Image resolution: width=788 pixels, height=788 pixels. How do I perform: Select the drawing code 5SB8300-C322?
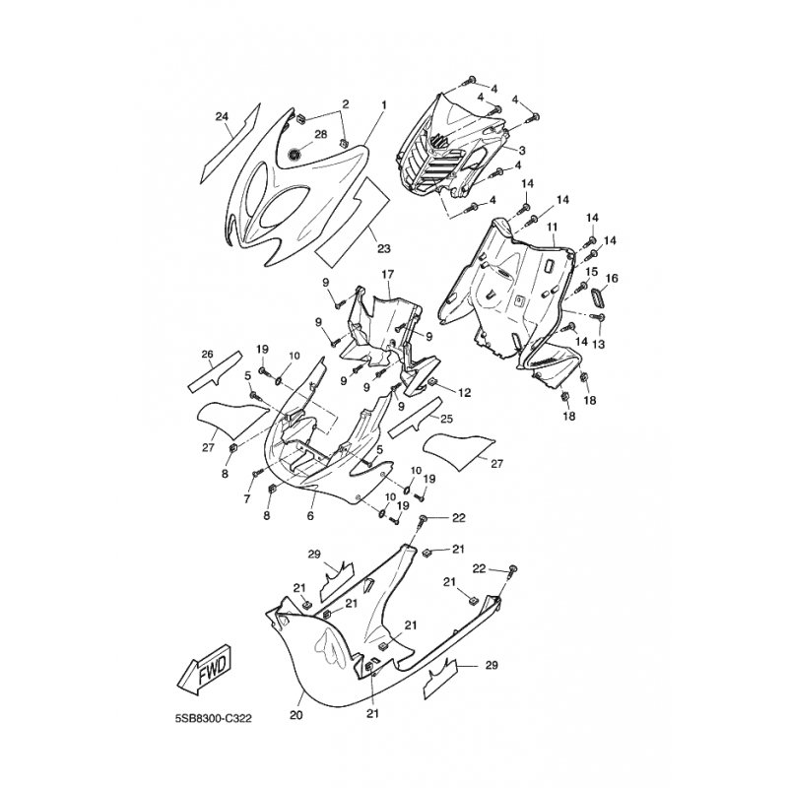(x=213, y=719)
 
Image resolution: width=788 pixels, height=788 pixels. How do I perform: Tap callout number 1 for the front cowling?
(x=384, y=105)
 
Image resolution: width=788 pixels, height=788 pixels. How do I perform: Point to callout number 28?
(x=321, y=134)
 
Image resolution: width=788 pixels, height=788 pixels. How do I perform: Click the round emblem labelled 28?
(x=294, y=155)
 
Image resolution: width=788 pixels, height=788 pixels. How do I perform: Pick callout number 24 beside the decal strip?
(x=222, y=116)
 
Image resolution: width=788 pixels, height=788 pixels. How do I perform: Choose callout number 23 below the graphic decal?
(x=384, y=248)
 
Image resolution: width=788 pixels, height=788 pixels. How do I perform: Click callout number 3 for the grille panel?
(x=522, y=150)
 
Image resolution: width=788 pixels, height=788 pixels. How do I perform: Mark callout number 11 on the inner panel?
(x=553, y=228)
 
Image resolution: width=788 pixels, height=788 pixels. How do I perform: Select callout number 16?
(x=612, y=279)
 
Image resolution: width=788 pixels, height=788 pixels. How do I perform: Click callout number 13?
(x=599, y=344)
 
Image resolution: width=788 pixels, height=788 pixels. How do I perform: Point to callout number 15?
(x=592, y=272)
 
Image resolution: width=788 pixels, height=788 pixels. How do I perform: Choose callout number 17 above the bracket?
(x=387, y=275)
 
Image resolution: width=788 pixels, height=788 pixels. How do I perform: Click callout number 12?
(x=464, y=392)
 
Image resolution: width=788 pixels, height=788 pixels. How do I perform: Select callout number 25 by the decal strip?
(x=446, y=419)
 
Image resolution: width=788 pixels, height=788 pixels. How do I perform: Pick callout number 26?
(x=208, y=354)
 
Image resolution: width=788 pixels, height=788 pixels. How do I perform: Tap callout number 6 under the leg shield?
(x=310, y=515)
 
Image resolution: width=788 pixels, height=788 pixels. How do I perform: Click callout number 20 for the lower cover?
(x=296, y=715)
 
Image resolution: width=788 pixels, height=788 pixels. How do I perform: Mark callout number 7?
(x=247, y=499)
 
